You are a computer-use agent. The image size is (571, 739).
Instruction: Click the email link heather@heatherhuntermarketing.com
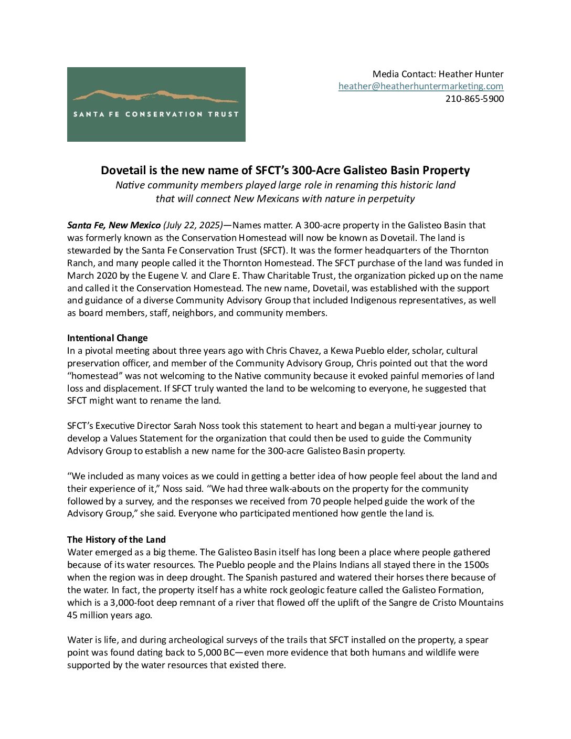point(420,86)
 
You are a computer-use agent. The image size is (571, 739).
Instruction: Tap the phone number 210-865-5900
point(474,99)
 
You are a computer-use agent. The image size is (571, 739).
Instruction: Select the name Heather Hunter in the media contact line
point(478,73)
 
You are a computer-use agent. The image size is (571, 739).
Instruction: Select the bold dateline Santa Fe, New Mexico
point(114,225)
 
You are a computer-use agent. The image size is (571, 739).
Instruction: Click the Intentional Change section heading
point(108,338)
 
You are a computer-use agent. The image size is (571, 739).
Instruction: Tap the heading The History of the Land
point(117,540)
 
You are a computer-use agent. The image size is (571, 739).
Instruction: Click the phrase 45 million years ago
point(110,615)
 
